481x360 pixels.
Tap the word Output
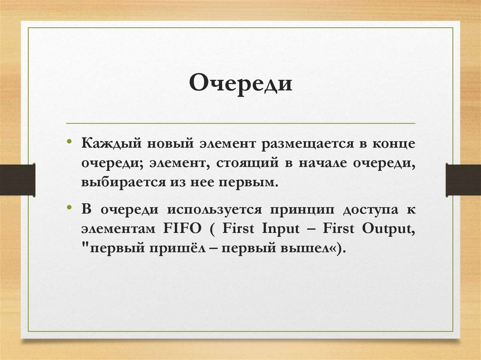[x=388, y=229]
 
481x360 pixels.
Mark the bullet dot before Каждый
[x=69, y=141]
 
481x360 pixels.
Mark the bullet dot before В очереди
[x=69, y=207]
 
